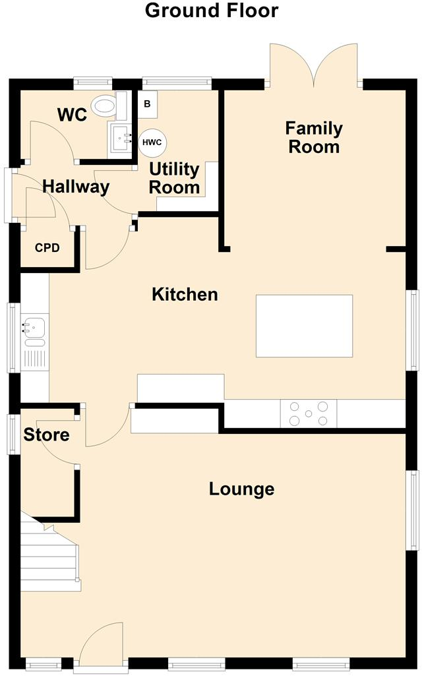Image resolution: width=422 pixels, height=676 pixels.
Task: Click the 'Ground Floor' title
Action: (x=211, y=11)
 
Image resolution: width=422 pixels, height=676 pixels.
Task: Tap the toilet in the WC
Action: (x=105, y=106)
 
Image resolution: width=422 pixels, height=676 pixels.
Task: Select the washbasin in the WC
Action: (x=121, y=139)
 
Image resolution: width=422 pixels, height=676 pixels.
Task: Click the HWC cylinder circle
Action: (x=153, y=142)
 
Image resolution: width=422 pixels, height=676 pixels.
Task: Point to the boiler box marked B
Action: (x=147, y=104)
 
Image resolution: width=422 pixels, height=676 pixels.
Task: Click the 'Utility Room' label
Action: (x=174, y=178)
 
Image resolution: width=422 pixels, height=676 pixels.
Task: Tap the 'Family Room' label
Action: (x=314, y=137)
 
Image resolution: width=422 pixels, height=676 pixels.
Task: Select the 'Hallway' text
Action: (x=75, y=187)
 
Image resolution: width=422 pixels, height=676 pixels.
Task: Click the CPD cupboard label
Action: (x=47, y=248)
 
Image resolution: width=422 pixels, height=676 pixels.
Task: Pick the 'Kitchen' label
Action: (x=185, y=294)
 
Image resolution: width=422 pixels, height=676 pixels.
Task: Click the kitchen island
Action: (x=304, y=326)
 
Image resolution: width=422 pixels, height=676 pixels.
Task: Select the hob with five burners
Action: (x=309, y=414)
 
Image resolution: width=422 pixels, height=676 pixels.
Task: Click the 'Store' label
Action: (x=46, y=435)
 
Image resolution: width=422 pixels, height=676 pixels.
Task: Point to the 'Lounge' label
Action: (x=241, y=489)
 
